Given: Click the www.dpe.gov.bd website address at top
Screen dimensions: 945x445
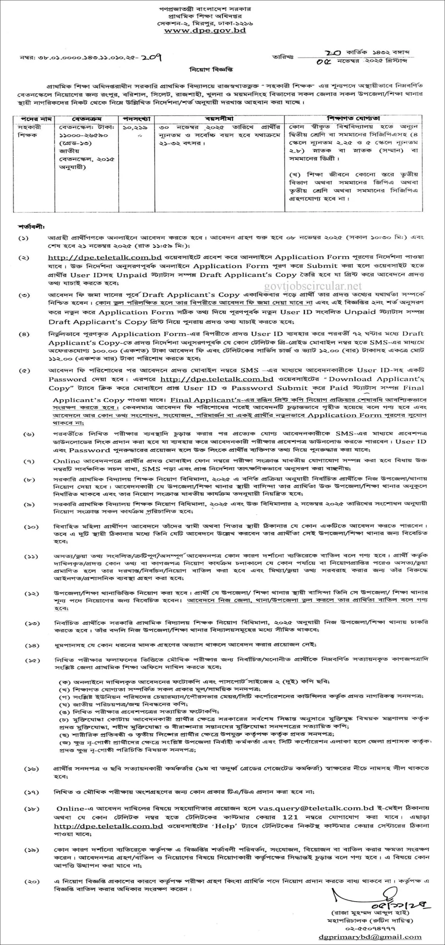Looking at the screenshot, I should coord(205,31).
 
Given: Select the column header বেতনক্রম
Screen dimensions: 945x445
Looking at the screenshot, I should coord(87,119).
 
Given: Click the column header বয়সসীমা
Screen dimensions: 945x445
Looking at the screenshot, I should coord(219,119).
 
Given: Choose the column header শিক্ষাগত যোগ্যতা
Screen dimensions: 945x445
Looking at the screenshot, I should coord(353,119).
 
